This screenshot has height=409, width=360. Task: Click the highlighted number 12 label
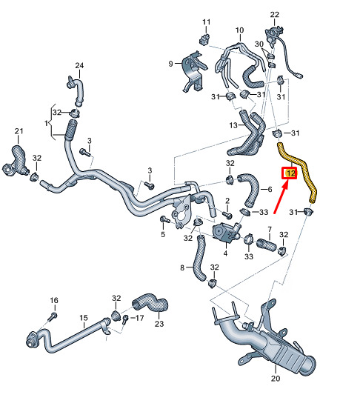289,173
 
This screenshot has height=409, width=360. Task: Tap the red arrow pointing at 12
281,197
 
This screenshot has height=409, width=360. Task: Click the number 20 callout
276,378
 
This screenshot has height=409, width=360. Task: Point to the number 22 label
275,15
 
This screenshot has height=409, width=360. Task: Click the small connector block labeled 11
204,39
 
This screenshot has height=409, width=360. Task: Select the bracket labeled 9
194,71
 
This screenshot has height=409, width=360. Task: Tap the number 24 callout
79,65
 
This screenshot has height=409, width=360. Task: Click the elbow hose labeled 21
16,162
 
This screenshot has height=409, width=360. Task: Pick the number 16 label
54,301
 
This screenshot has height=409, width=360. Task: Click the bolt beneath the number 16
53,316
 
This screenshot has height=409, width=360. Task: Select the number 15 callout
84,318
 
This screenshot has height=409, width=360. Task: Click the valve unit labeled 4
225,232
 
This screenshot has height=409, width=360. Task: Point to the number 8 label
182,267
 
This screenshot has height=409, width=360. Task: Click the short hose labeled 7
266,245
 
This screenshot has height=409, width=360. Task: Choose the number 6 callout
270,190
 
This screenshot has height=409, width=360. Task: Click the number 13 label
233,125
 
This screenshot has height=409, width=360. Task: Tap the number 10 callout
239,30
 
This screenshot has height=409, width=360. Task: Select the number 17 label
140,318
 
